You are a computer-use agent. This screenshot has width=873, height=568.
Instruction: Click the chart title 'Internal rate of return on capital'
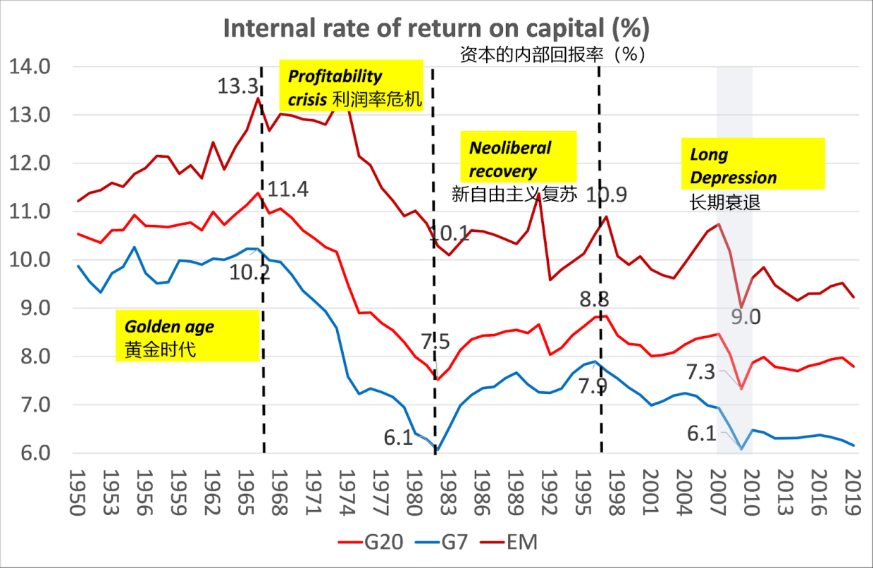[x=436, y=28]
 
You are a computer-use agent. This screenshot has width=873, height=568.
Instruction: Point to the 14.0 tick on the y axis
[x=30, y=67]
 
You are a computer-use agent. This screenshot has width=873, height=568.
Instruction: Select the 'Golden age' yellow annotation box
[x=187, y=337]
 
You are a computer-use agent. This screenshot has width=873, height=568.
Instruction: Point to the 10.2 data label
[x=249, y=273]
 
